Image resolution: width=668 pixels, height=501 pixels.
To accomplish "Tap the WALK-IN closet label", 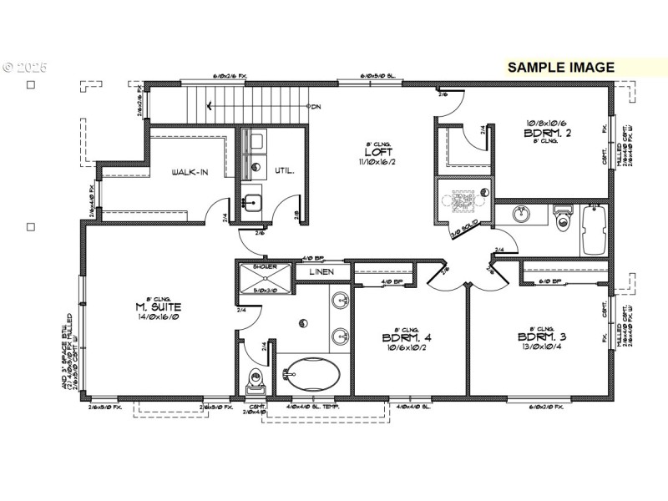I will tap(190, 173).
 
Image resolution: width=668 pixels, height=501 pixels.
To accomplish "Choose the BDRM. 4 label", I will tap(407, 337).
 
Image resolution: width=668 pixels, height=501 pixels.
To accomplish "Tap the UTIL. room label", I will tap(285, 170).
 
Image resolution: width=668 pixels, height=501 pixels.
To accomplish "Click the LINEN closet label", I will tap(321, 272).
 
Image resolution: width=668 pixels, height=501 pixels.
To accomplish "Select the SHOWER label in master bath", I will tap(265, 268).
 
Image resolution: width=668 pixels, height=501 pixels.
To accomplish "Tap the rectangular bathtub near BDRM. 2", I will tap(595, 230).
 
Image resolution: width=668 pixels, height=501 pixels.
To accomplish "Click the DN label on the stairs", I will tap(316, 107).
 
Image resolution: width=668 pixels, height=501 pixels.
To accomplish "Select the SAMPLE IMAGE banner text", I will tap(560, 67).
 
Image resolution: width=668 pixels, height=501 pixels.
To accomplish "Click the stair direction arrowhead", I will tap(209, 106).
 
